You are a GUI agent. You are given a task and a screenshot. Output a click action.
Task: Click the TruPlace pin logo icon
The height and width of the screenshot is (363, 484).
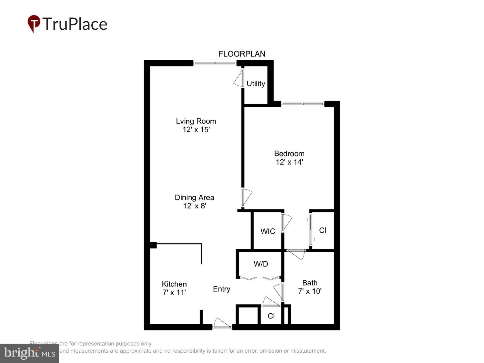[34, 24]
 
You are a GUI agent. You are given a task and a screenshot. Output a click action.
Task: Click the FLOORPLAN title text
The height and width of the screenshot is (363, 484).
[242, 54]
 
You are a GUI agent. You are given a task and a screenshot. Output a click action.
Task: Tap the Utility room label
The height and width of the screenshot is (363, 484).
[256, 84]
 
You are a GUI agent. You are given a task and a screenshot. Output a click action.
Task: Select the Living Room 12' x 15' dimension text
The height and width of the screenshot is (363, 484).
[196, 130]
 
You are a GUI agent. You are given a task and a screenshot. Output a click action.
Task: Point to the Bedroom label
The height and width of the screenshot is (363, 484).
[289, 154]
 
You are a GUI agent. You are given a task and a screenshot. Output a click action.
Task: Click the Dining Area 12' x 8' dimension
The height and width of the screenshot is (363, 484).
[194, 206]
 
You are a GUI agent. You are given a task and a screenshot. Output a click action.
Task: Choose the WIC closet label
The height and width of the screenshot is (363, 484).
[267, 231]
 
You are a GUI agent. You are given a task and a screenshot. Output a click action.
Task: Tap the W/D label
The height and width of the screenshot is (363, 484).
[261, 264]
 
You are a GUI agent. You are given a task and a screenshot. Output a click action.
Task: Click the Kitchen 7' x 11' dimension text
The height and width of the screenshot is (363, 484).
[174, 292]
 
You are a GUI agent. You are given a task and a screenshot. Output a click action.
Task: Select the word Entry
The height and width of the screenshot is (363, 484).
[221, 289]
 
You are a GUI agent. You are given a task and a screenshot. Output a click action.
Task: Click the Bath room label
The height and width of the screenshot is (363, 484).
[310, 283]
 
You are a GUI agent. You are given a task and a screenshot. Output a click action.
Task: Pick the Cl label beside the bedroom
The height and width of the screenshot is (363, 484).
[322, 230]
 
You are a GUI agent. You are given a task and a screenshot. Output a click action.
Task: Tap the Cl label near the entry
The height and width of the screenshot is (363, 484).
[271, 316]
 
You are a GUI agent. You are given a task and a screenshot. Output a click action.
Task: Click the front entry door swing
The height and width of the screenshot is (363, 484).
[222, 323]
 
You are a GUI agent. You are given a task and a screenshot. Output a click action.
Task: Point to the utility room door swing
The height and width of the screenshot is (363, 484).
[238, 79]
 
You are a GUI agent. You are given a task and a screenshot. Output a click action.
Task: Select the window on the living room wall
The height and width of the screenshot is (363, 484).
[215, 63]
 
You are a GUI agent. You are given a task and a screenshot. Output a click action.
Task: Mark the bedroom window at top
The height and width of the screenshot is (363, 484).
[302, 104]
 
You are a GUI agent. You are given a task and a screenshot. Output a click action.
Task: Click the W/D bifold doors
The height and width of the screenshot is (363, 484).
[260, 278]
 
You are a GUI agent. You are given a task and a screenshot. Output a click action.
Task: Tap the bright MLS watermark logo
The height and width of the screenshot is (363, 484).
[29, 353]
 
